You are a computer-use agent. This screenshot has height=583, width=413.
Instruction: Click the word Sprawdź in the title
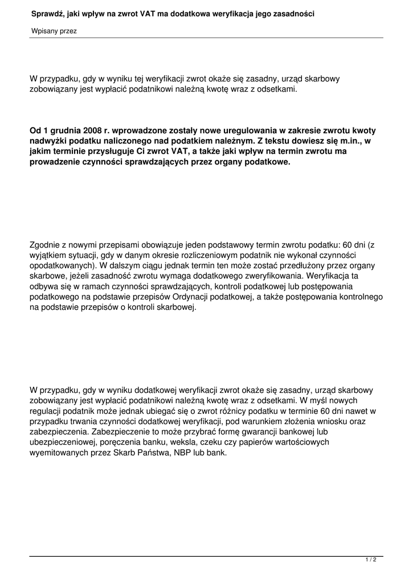47,13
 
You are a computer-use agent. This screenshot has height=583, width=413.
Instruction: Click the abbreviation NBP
181,452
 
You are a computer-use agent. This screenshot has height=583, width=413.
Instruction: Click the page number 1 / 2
371,560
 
